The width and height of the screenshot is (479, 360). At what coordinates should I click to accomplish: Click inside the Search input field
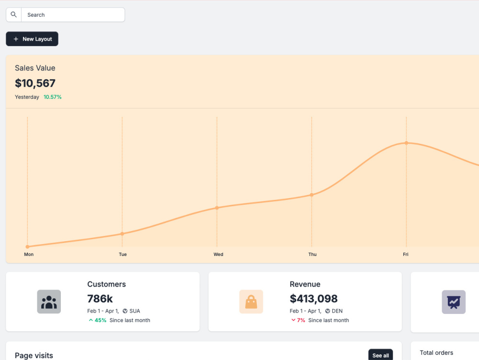[x=73, y=15]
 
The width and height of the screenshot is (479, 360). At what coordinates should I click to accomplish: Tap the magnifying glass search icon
[x=14, y=14]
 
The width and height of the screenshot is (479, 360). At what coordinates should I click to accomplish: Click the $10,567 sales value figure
[x=35, y=83]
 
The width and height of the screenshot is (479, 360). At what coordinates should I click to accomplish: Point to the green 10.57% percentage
[x=53, y=97]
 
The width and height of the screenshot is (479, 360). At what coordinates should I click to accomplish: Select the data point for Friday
[x=406, y=143]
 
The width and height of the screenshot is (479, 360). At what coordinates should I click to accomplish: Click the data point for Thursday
[x=312, y=195]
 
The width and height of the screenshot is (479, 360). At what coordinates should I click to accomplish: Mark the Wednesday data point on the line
[x=217, y=208]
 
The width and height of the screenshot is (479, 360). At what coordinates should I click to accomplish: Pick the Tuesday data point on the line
[x=122, y=234]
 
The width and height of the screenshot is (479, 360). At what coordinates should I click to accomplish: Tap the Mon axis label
[x=29, y=254]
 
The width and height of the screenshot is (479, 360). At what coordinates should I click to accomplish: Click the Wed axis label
[x=218, y=254]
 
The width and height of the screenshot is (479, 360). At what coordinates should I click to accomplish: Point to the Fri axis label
[x=406, y=254]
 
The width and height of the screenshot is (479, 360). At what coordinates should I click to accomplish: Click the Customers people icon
[x=49, y=302]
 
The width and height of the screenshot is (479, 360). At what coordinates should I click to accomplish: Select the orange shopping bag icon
[x=251, y=302]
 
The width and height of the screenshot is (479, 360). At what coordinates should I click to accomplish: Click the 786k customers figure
[x=100, y=299]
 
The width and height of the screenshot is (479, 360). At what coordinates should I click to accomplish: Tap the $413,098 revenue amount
[x=314, y=299]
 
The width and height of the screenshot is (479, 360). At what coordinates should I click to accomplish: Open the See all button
[x=381, y=355]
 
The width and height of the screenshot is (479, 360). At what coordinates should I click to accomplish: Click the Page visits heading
[x=34, y=355]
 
